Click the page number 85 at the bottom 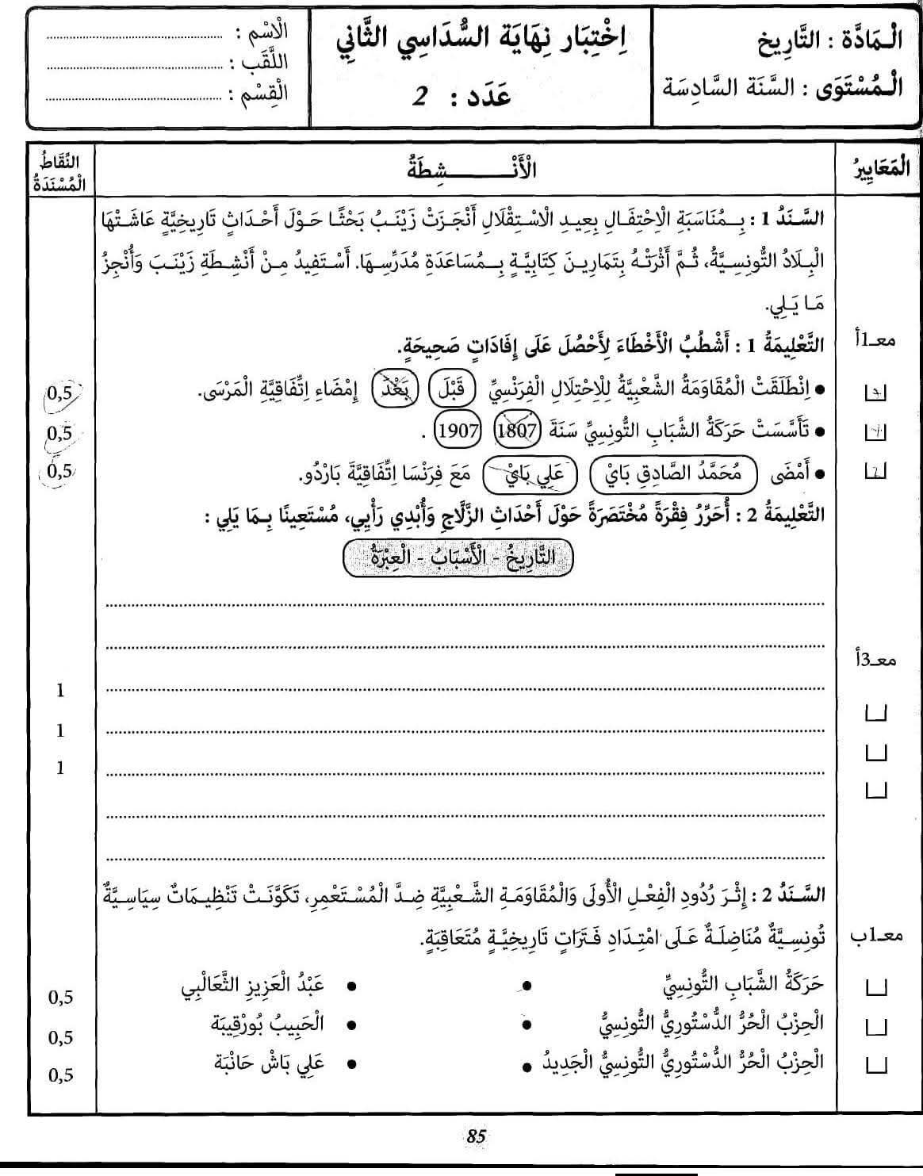point(476,1136)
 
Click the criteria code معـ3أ point(878,660)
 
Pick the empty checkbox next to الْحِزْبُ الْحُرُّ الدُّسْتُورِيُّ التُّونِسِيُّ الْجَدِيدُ point(877,1064)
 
